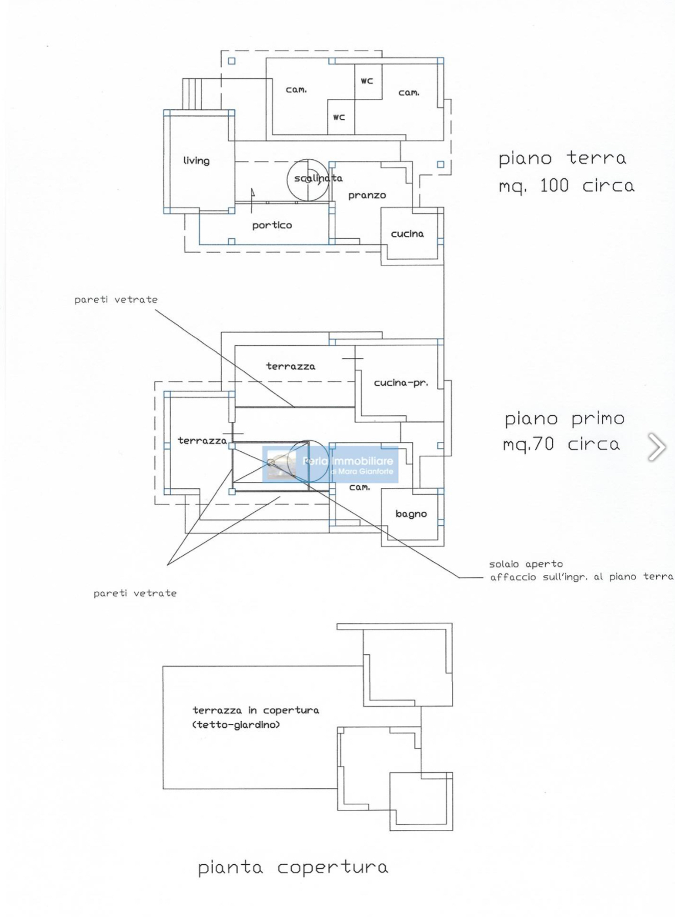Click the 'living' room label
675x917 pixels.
point(196,161)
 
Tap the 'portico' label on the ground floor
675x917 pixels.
point(272,225)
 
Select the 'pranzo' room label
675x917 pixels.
point(367,196)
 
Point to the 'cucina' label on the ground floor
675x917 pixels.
point(407,234)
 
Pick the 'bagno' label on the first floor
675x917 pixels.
point(411,514)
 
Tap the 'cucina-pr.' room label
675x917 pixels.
point(401,383)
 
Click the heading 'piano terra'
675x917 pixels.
point(562,158)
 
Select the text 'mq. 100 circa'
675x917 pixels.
point(566,187)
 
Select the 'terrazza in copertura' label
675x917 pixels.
point(256,711)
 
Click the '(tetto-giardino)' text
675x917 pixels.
point(236,724)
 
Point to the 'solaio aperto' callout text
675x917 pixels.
point(526,565)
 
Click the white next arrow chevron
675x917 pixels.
point(657,447)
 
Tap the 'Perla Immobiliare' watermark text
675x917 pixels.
point(347,461)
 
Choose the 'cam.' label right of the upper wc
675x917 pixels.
point(409,93)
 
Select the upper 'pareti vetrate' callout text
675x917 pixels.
point(116,300)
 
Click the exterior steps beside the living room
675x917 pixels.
point(193,94)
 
